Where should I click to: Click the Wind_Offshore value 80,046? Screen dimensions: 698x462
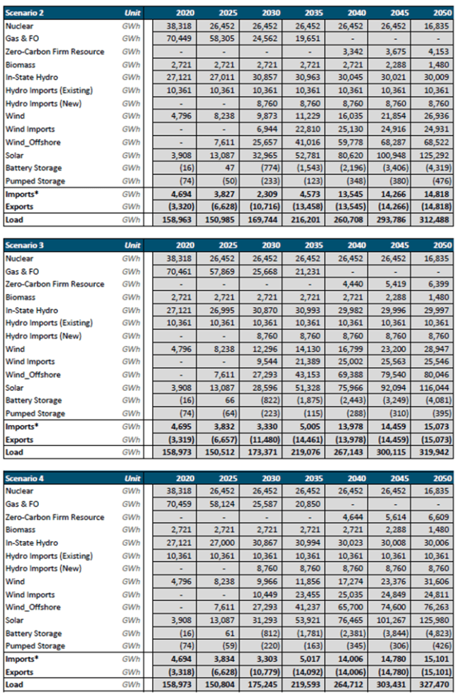tap(435, 375)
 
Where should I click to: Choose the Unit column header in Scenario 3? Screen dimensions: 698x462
tap(133, 245)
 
